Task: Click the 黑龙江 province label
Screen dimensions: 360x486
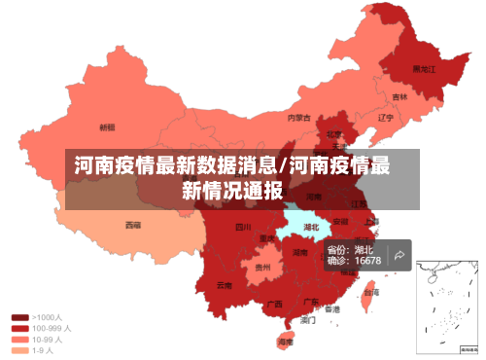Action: pyautogui.click(x=424, y=69)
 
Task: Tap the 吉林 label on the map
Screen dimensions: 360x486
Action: pyautogui.click(x=399, y=97)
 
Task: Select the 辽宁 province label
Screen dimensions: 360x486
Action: pyautogui.click(x=385, y=118)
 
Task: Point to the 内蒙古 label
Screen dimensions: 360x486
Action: pyautogui.click(x=299, y=118)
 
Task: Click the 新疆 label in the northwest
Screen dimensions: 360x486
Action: pyautogui.click(x=107, y=126)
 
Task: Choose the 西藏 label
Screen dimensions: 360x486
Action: pyautogui.click(x=132, y=225)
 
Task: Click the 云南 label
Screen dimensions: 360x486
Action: pyautogui.click(x=225, y=285)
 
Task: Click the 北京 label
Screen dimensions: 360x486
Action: pyautogui.click(x=333, y=133)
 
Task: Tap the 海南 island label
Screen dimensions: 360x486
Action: pyautogui.click(x=285, y=342)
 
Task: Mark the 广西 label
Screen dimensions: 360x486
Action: pyautogui.click(x=275, y=304)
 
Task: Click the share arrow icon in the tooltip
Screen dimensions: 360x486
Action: pyautogui.click(x=399, y=255)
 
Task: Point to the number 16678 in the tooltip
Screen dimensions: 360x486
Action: pyautogui.click(x=367, y=261)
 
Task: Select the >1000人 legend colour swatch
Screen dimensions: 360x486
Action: pyautogui.click(x=19, y=317)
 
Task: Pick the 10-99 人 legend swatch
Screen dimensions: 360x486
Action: pyautogui.click(x=19, y=340)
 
